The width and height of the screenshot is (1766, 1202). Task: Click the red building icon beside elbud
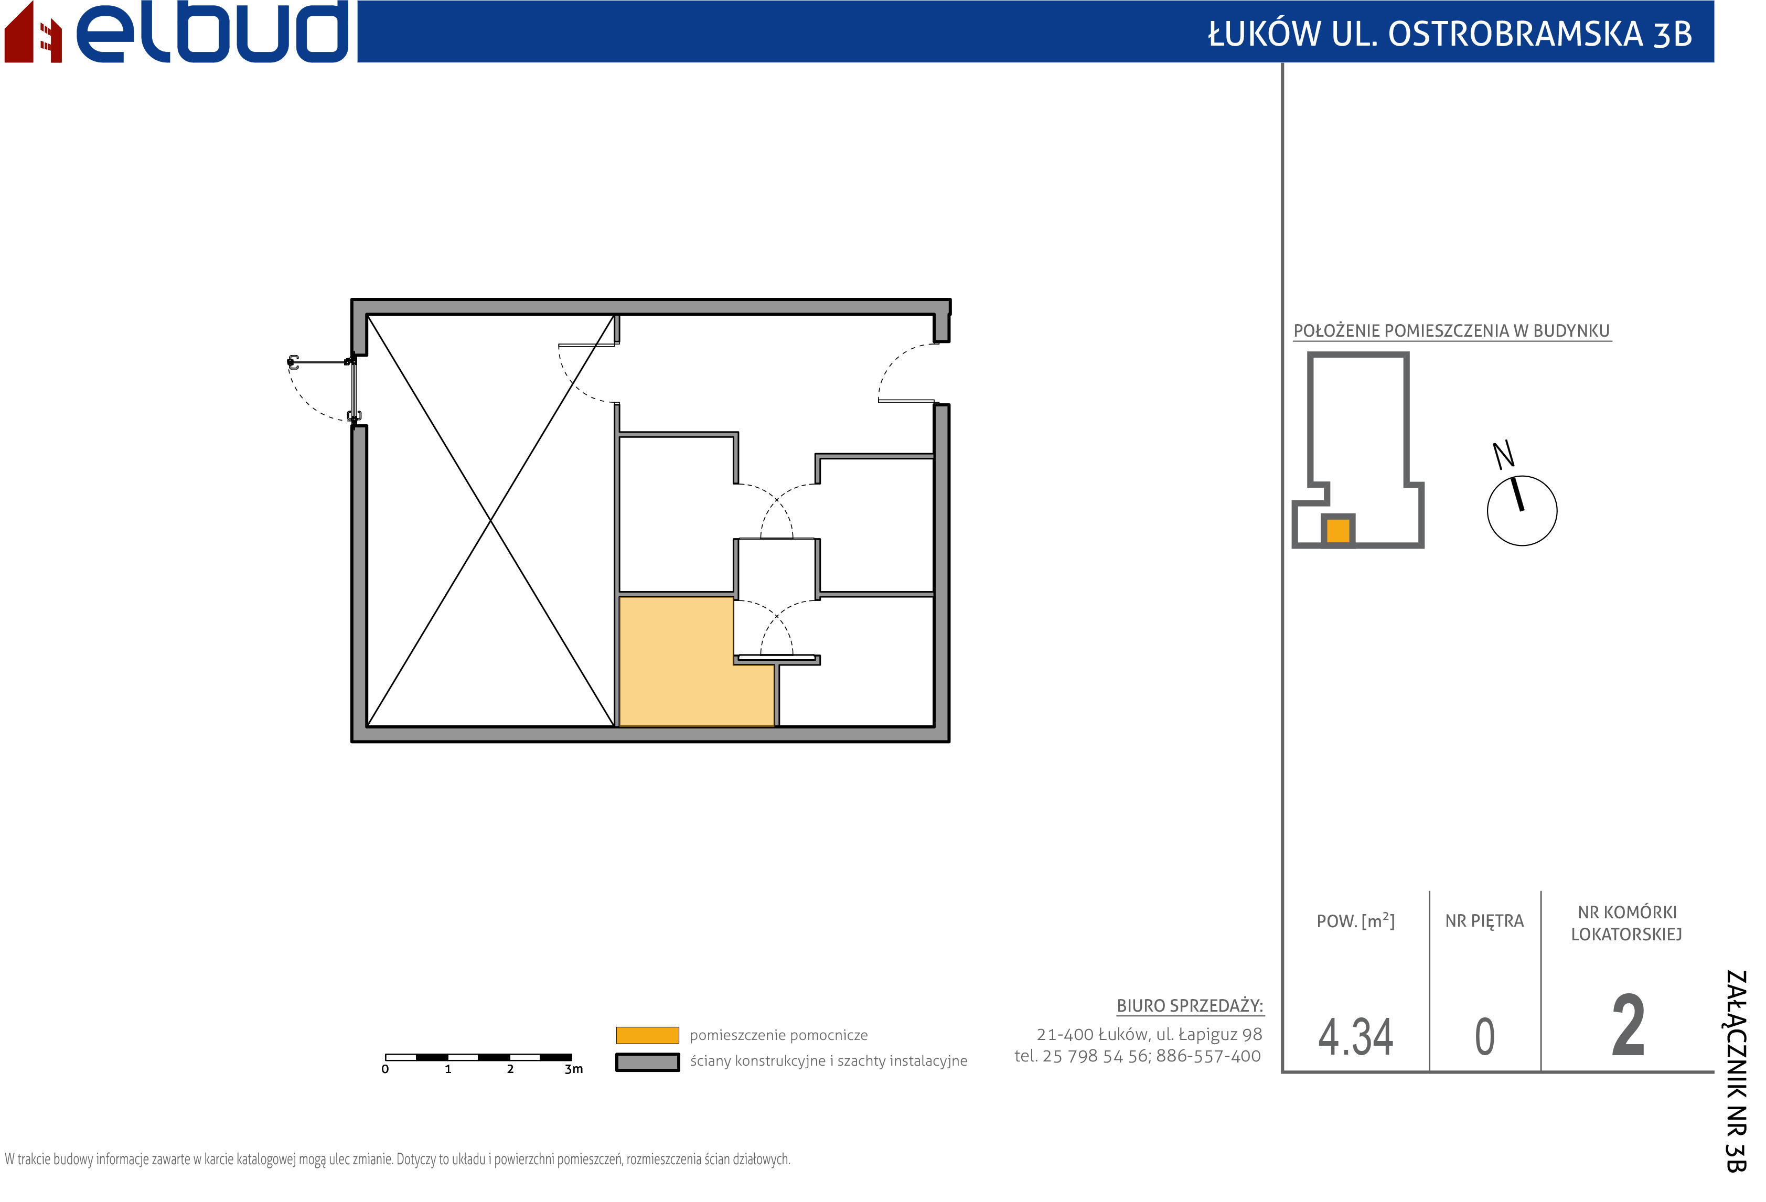click(x=33, y=32)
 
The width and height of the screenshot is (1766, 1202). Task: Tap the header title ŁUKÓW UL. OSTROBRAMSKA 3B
click(x=1450, y=34)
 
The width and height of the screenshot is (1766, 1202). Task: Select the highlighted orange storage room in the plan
click(x=676, y=669)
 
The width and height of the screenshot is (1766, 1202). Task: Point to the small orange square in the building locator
click(x=1338, y=530)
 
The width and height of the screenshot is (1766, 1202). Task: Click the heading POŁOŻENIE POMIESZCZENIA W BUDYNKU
click(x=1451, y=330)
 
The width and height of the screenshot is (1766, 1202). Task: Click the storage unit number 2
click(x=1629, y=1026)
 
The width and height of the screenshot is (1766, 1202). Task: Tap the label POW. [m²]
click(x=1356, y=921)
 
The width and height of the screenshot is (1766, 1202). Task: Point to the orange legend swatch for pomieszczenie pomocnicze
click(x=647, y=1035)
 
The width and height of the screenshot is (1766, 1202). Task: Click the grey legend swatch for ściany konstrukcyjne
click(x=647, y=1062)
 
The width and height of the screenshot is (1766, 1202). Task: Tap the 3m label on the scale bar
click(x=574, y=1069)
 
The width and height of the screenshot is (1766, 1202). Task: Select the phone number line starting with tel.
click(x=1138, y=1056)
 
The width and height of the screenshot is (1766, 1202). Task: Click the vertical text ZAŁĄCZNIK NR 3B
click(x=1736, y=1071)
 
